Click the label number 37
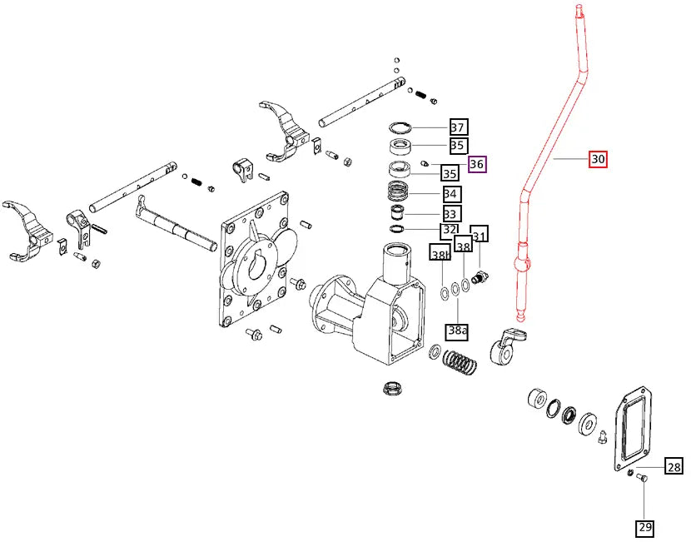click(458, 127)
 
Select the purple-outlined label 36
click(477, 164)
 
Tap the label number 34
click(451, 194)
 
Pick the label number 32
click(450, 230)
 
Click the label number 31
click(480, 234)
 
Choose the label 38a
click(458, 331)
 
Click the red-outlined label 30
click(598, 159)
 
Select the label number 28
click(673, 467)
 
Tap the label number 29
click(646, 527)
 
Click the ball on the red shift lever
click(523, 264)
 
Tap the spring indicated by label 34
click(403, 192)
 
